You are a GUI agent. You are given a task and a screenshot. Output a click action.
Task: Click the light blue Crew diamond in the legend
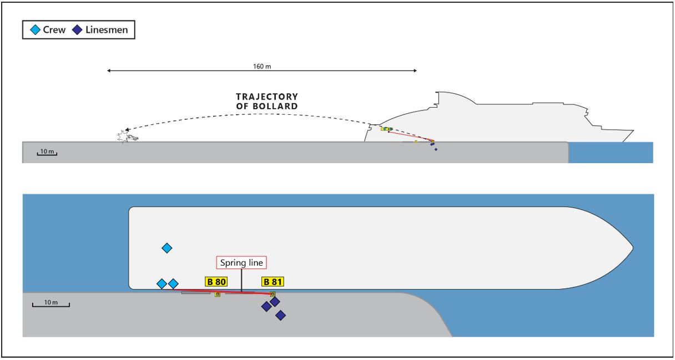[x=35, y=30]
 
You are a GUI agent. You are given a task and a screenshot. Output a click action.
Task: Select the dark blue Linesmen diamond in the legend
[x=78, y=30]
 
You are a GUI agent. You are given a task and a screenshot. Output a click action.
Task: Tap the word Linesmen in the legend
[x=107, y=30]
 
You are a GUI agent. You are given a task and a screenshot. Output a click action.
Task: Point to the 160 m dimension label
[x=261, y=67]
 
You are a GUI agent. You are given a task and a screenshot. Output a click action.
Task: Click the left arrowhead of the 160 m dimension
[x=109, y=71]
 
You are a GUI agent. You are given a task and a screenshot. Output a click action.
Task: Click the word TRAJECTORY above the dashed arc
[x=266, y=97]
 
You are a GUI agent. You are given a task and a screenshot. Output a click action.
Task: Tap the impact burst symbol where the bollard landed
[x=122, y=136]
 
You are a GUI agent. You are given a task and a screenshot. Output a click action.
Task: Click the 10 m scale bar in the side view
[x=47, y=153]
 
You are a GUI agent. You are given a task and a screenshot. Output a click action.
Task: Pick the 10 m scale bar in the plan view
[x=51, y=304]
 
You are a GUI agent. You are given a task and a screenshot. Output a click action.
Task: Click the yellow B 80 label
[x=216, y=282]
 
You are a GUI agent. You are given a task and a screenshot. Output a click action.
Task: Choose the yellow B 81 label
[x=273, y=282]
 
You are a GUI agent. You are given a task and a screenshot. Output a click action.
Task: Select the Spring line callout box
[x=241, y=263]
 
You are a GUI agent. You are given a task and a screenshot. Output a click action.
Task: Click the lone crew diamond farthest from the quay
[x=167, y=248]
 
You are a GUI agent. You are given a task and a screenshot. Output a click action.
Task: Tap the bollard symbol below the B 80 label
[x=218, y=294]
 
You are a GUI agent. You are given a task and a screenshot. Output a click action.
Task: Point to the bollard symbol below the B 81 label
[x=273, y=294]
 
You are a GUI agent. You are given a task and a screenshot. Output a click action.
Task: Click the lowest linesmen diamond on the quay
[x=281, y=315]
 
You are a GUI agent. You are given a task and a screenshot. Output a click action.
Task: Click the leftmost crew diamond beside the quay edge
[x=162, y=284]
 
